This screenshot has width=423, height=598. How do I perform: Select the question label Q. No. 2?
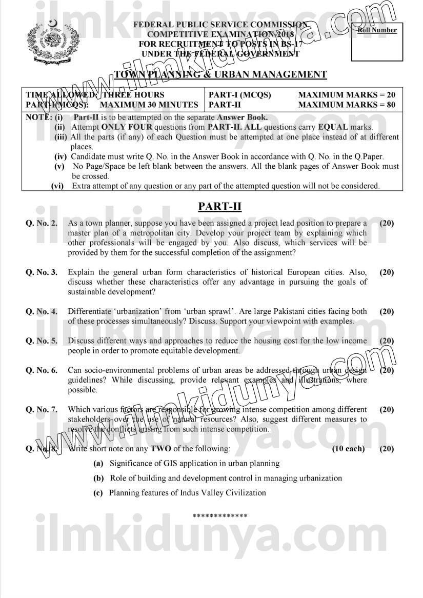(42, 224)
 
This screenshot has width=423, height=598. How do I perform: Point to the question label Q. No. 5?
(42, 341)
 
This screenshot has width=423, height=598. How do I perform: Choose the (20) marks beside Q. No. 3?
(387, 272)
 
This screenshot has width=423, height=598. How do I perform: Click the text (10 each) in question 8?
(348, 449)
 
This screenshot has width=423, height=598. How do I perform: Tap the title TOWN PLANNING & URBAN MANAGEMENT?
(220, 75)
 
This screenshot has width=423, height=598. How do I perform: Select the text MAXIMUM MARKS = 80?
(347, 105)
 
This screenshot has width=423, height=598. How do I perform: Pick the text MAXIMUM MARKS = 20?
(347, 95)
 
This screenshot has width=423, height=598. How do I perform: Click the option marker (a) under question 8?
(98, 463)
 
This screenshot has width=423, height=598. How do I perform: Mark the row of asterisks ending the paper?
(220, 516)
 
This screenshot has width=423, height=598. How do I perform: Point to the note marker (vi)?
(58, 186)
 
